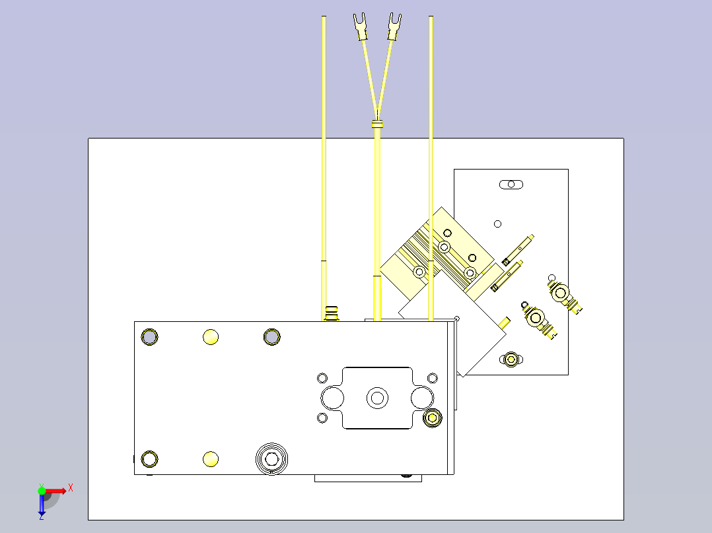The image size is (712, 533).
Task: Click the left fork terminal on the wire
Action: pos(361,27)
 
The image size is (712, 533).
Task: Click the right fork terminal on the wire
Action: pos(394,27)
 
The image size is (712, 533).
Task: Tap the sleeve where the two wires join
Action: pos(377,123)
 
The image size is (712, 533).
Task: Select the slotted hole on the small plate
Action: pos(511,185)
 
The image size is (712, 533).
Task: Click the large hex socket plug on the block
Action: pos(271,459)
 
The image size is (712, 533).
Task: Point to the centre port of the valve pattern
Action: pos(377,398)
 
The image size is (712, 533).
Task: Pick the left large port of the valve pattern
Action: pos(332,398)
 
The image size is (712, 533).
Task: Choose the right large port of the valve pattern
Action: pos(422,398)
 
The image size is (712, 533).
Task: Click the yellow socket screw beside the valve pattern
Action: pos(432,418)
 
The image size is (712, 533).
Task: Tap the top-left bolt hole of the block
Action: pos(149,337)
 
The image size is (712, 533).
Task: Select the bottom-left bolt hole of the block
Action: pos(149,459)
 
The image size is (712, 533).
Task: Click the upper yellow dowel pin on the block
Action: pos(211,337)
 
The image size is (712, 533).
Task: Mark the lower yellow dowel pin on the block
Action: pos(211,459)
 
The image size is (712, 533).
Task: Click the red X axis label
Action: pos(71,488)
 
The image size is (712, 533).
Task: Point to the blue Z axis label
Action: pos(42,517)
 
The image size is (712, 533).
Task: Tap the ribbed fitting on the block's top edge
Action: pos(332,313)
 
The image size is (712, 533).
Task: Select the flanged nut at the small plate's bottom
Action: pos(511,360)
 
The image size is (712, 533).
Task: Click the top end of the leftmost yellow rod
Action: pos(324,17)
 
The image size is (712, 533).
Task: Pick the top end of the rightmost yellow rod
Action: pos(431,17)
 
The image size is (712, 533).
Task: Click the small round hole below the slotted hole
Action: pos(498,224)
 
